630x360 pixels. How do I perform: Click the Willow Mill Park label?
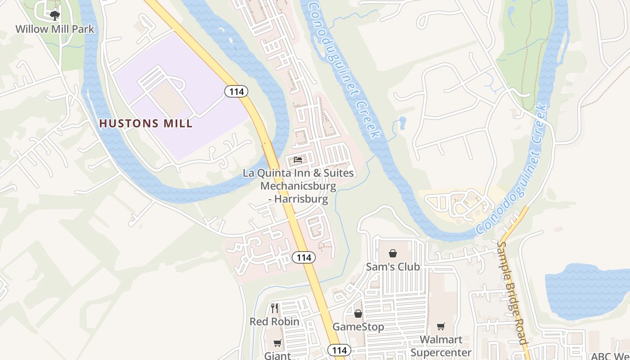(x=55, y=29)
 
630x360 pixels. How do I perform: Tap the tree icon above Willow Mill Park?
(x=55, y=16)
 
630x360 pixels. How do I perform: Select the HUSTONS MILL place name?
(x=146, y=123)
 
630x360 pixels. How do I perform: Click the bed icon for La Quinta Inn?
(x=297, y=160)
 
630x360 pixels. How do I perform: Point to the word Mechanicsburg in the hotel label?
(x=298, y=186)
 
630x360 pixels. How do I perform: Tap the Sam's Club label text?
(x=393, y=267)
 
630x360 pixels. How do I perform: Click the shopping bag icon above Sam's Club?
(x=393, y=253)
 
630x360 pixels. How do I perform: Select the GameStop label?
(x=358, y=327)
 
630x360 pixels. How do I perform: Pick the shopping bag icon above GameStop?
(x=358, y=313)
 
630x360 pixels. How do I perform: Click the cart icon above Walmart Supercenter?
(x=441, y=327)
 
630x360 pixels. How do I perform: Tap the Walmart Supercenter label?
(x=441, y=346)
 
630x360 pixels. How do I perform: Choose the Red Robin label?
(x=274, y=322)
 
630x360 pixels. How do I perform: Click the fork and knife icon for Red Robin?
(x=274, y=308)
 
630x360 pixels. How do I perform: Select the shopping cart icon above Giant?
(x=278, y=343)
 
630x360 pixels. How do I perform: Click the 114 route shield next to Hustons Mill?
(x=236, y=92)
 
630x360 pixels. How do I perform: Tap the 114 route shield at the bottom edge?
(x=339, y=350)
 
